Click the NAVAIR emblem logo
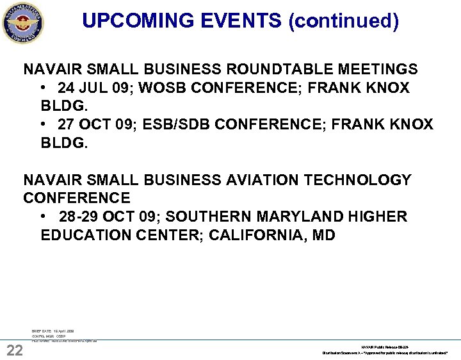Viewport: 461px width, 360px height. [x=23, y=23]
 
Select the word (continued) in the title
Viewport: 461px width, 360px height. [x=343, y=21]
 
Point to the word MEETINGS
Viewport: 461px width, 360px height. [x=380, y=69]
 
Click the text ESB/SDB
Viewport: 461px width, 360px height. [x=173, y=124]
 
